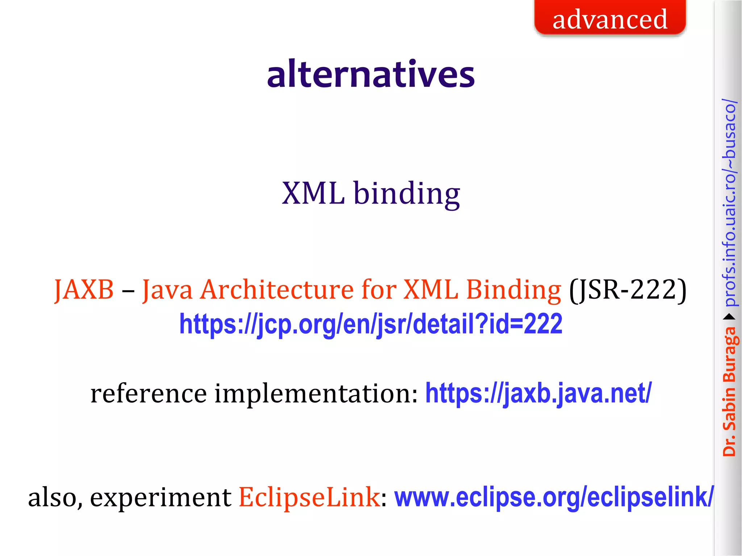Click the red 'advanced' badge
610,19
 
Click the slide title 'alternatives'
371,74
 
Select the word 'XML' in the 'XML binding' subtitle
313,193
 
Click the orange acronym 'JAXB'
84,290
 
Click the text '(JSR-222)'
628,290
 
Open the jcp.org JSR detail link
371,324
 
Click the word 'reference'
149,393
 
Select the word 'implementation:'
316,393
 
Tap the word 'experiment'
161,497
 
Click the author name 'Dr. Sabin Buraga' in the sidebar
729,391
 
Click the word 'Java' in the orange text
167,290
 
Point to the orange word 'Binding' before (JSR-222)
513,290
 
